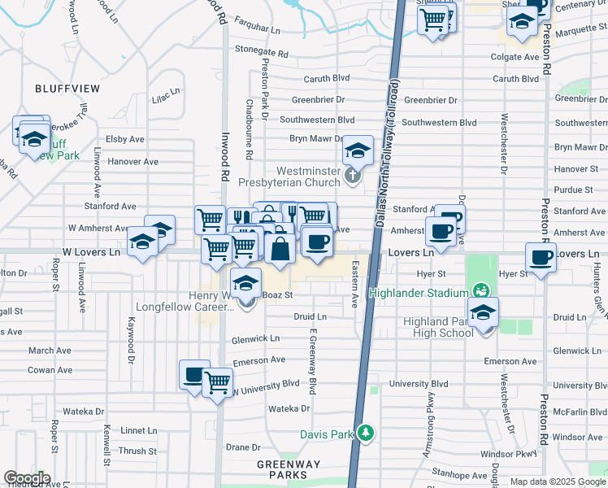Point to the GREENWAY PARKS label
click(283, 469)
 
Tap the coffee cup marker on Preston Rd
click(541, 259)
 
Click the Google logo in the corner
click(27, 478)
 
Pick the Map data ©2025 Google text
click(558, 481)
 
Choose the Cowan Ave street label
click(51, 369)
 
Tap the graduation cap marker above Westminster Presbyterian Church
click(357, 150)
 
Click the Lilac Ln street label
click(166, 97)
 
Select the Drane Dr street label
click(242, 447)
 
